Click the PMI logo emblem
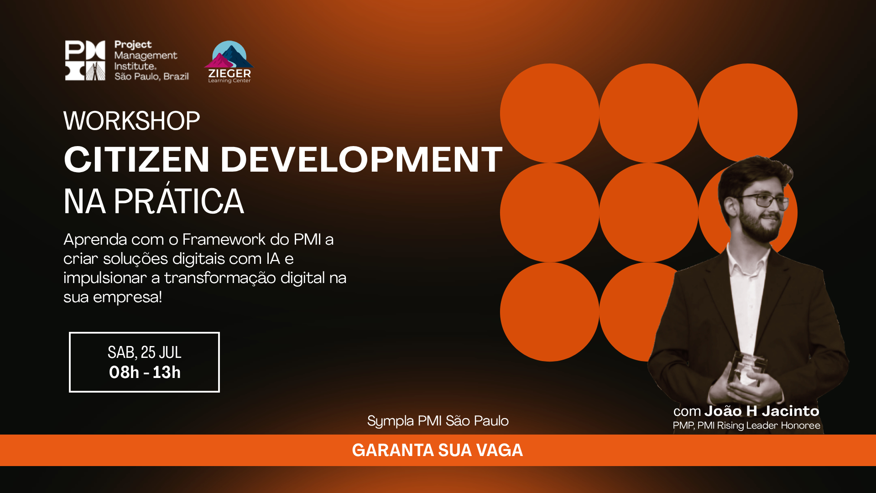85,60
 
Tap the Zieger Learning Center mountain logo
229,62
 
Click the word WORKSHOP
132,121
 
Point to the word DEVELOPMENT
361,160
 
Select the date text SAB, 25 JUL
145,352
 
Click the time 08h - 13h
145,372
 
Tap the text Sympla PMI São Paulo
438,421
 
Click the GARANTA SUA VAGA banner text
438,451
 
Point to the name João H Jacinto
762,411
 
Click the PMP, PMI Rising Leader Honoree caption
746,425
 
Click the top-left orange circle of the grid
549,113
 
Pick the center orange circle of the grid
648,213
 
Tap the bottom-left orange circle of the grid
549,312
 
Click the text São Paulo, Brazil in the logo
151,76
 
